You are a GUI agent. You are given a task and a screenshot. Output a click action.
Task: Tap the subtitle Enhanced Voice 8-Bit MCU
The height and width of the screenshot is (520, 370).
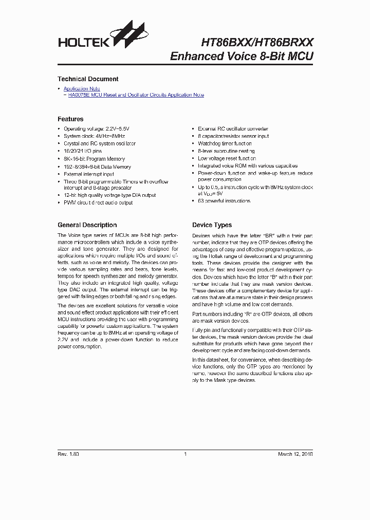click(x=242, y=57)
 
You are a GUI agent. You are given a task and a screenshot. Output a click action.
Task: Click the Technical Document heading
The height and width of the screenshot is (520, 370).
click(x=88, y=79)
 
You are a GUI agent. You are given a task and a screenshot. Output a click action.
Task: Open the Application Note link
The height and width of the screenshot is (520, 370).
click(x=82, y=89)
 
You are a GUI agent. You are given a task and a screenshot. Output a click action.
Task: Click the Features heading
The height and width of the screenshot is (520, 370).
click(x=70, y=119)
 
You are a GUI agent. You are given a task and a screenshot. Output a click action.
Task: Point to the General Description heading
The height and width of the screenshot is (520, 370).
click(x=87, y=225)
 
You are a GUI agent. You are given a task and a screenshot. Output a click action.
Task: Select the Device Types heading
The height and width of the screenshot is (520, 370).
click(x=212, y=225)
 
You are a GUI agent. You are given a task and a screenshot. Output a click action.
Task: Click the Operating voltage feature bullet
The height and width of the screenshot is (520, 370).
click(x=97, y=129)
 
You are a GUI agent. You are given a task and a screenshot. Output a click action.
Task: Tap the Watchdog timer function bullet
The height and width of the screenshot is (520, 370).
click(x=225, y=144)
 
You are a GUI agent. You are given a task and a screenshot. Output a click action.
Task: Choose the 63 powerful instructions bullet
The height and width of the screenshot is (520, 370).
click(x=224, y=201)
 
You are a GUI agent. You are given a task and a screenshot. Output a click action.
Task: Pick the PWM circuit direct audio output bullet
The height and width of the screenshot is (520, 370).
click(x=98, y=202)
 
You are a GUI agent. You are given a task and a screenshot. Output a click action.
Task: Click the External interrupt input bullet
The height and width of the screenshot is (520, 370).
click(x=89, y=174)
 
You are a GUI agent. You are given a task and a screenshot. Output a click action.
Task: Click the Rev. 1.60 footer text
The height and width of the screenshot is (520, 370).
click(x=68, y=454)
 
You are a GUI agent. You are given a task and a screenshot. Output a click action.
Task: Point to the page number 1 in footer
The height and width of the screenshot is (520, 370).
click(x=185, y=454)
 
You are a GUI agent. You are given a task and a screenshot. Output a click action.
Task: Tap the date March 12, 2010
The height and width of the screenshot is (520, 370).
click(x=295, y=454)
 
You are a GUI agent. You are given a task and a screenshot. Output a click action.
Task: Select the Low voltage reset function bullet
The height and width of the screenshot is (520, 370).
click(x=227, y=159)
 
